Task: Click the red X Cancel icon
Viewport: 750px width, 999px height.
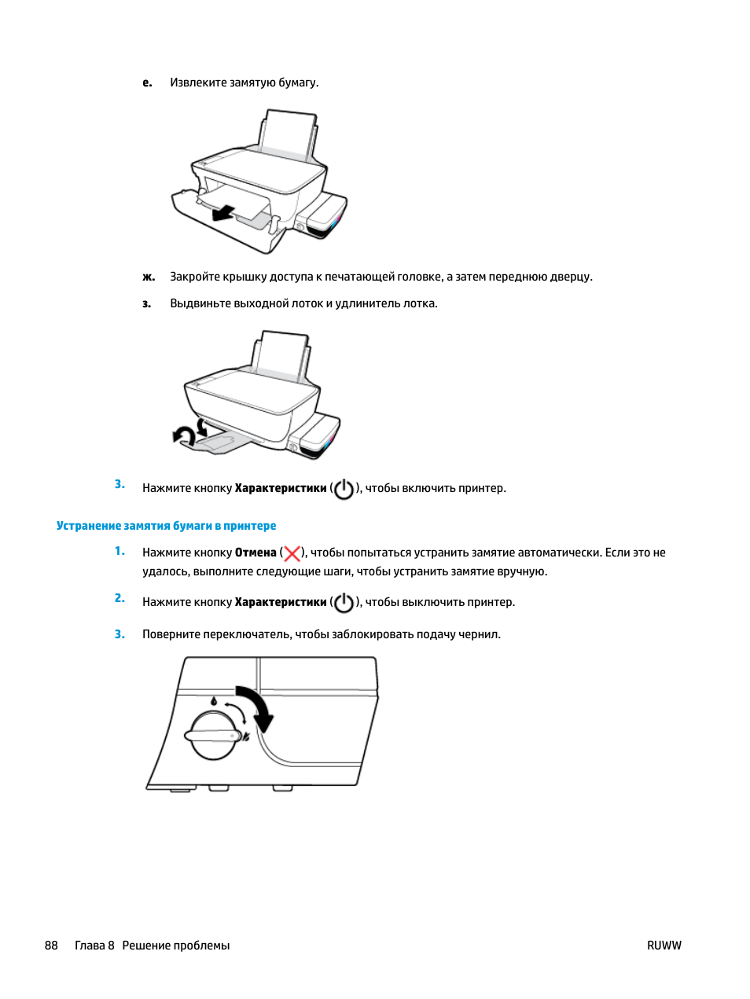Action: (x=292, y=553)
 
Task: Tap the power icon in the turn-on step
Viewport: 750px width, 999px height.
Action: (x=344, y=489)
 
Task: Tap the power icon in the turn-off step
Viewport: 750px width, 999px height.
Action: (x=344, y=603)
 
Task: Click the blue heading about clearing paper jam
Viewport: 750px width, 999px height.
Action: (x=166, y=526)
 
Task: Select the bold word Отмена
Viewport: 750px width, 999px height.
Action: (x=256, y=553)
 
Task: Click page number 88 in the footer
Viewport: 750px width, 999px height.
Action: (x=51, y=946)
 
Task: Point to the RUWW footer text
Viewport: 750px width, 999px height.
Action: (x=664, y=946)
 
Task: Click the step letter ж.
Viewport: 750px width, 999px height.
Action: (x=148, y=277)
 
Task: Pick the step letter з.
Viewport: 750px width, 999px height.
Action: (x=146, y=303)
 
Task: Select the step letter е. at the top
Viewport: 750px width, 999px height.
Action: (x=147, y=83)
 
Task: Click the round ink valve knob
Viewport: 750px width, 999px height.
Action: (x=213, y=736)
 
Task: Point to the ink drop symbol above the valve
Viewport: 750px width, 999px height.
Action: (x=213, y=700)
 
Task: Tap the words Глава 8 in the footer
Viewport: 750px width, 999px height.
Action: (x=94, y=946)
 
